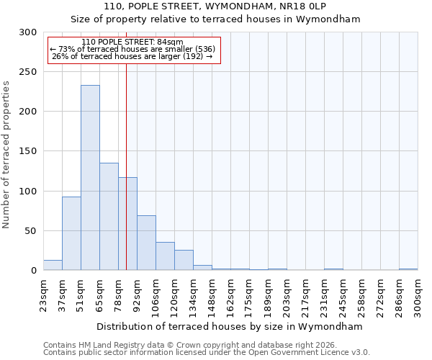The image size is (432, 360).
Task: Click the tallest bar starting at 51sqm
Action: pos(90,178)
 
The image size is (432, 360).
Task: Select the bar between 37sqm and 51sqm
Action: pos(71,233)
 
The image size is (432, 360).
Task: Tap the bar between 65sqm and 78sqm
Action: pos(109,216)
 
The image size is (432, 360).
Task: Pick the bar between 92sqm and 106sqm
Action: pos(146,243)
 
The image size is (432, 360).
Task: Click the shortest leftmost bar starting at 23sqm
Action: pos(53,266)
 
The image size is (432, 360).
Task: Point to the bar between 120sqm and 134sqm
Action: pos(184,260)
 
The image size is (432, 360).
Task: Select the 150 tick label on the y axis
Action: pos(28,152)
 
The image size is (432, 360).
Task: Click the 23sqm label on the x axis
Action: pos(44,295)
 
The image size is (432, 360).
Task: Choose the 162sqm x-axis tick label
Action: pos(231,295)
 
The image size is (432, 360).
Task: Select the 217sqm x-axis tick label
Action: pos(306,295)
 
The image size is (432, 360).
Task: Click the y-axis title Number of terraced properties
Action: pos(7,154)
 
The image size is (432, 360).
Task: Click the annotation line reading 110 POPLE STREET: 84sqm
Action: pos(132,42)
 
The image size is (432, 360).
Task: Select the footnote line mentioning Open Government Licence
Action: pos(207,352)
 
